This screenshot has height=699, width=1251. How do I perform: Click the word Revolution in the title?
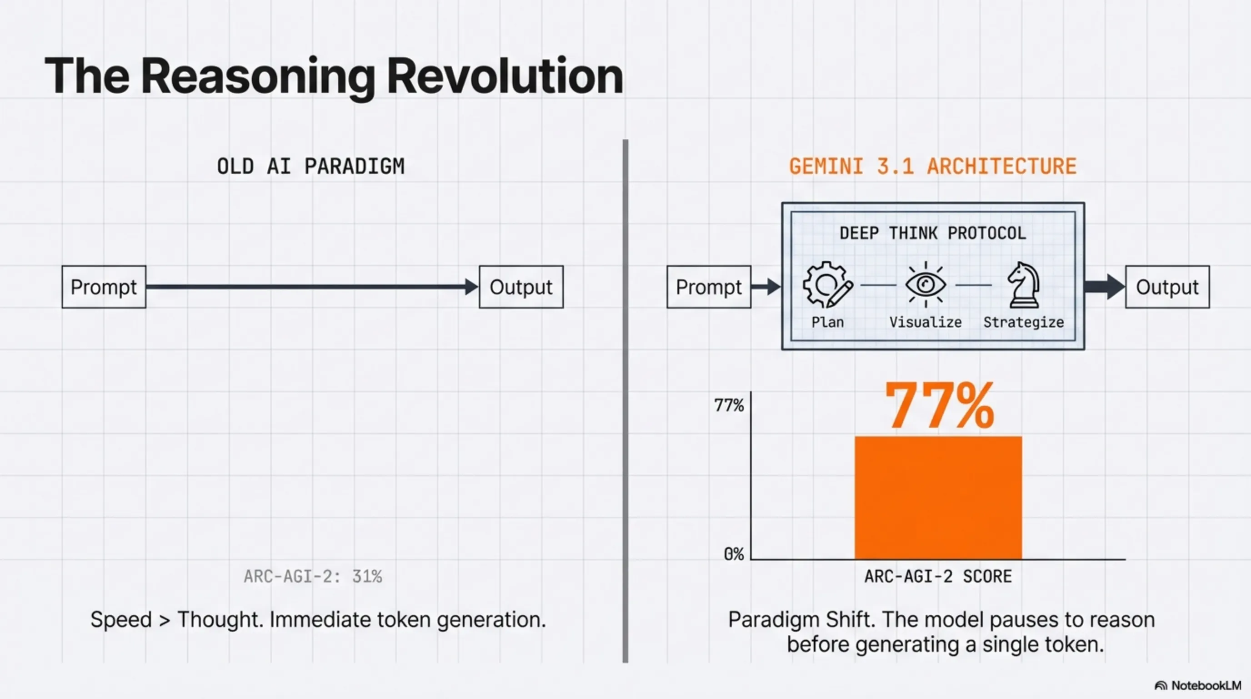(505, 76)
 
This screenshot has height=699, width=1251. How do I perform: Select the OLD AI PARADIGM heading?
(311, 166)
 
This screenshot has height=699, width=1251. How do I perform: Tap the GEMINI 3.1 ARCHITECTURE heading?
(933, 166)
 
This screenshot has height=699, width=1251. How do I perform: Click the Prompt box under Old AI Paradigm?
(104, 287)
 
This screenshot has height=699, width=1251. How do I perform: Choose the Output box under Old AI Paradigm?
(521, 287)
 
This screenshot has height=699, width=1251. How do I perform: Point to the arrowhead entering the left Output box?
(471, 287)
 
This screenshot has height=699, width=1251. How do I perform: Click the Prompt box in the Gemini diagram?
(709, 287)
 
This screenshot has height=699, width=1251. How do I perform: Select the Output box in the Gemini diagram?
(1167, 287)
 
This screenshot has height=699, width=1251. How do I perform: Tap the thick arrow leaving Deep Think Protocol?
(1105, 287)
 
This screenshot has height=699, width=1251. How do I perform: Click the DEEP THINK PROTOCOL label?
(933, 233)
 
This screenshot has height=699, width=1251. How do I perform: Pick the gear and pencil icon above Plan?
(827, 284)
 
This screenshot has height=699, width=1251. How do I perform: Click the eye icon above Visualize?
(926, 284)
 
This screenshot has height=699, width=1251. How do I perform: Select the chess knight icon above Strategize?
(1024, 285)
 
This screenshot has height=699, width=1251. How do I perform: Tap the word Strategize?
(1024, 322)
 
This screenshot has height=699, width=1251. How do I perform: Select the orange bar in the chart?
(938, 498)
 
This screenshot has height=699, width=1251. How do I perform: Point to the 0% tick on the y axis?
(734, 554)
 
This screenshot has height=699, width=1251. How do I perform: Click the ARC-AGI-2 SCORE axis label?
(938, 577)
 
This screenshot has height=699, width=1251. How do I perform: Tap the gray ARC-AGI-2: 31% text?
(313, 577)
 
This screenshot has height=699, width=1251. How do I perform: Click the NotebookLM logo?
(1197, 685)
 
